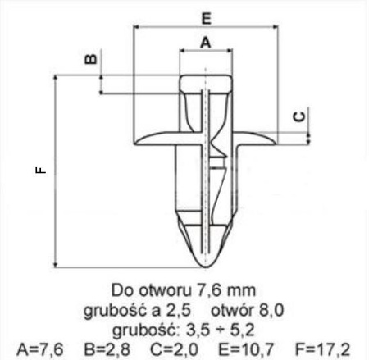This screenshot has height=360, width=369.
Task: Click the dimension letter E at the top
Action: (x=205, y=16)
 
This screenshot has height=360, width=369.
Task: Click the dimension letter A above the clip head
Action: (x=205, y=40)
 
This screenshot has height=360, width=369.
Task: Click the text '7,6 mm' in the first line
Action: (x=228, y=290)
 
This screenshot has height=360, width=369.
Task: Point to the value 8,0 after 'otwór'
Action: (x=271, y=310)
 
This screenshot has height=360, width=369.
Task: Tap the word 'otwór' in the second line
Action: (x=232, y=310)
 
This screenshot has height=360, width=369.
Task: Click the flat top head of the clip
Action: (x=205, y=77)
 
